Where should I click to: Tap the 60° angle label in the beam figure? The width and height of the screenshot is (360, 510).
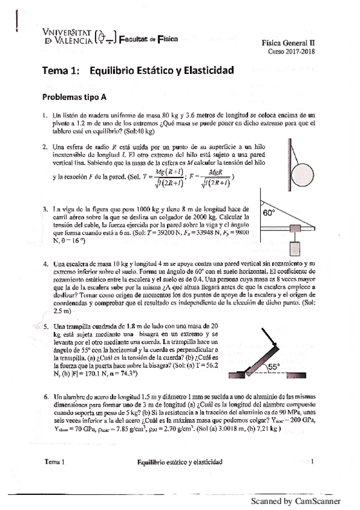pyautogui.click(x=268, y=213)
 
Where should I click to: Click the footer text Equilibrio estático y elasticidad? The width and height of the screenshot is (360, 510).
pyautogui.click(x=180, y=462)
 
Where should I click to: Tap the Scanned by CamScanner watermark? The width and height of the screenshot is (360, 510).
pyautogui.click(x=296, y=501)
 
